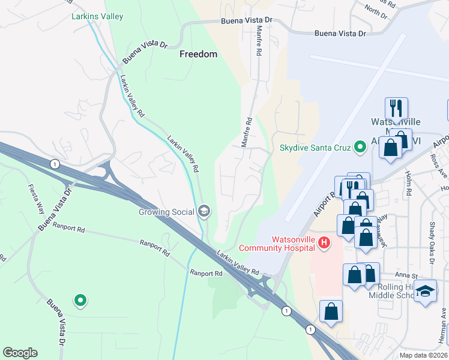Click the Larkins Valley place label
tap(97, 16)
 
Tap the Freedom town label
tap(198, 54)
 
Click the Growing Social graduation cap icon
tap(205, 211)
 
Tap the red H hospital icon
tap(324, 242)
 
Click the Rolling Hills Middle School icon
tap(425, 291)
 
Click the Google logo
tap(20, 353)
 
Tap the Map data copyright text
tap(423, 355)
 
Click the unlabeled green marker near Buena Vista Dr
tap(79, 299)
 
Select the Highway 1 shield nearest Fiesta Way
tap(55, 164)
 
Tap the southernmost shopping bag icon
tap(331, 312)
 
